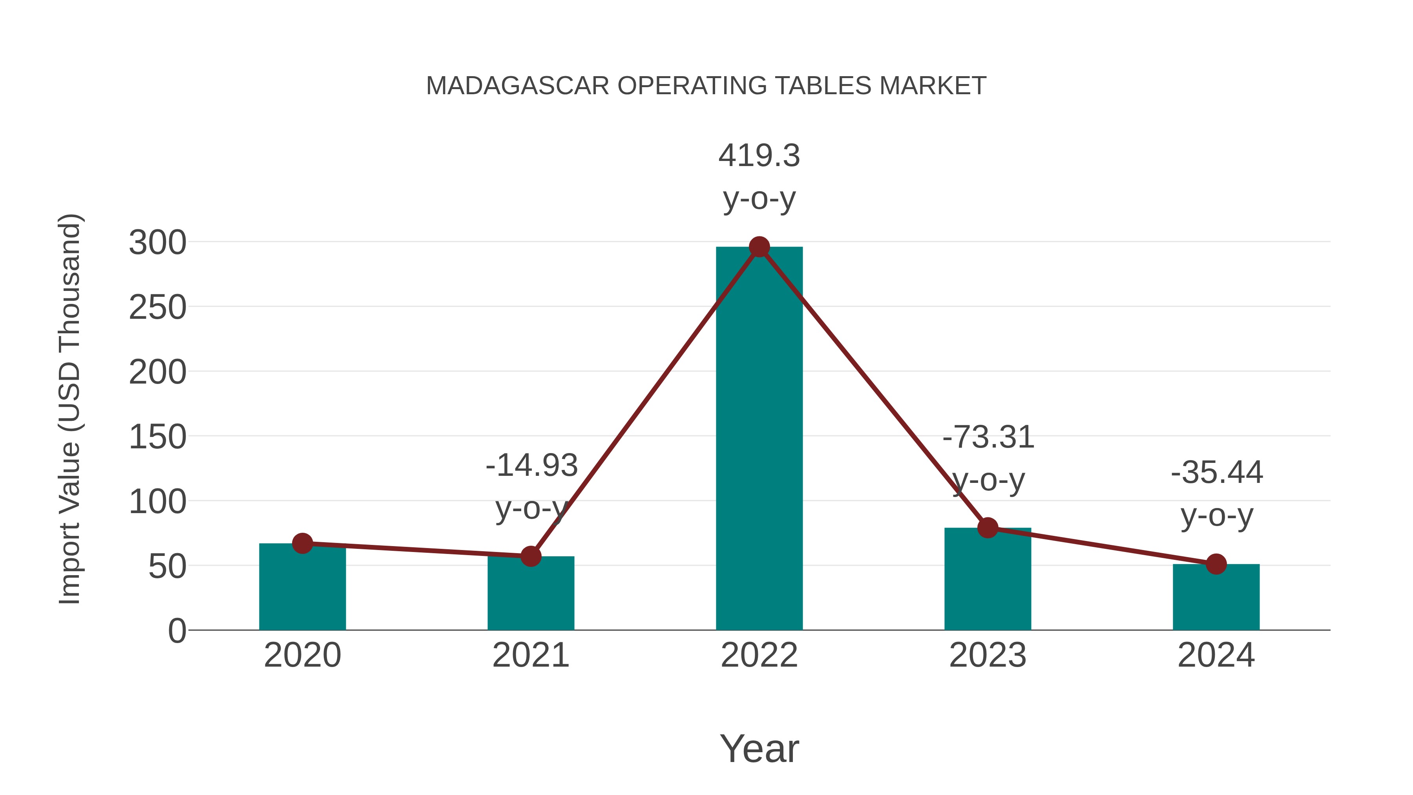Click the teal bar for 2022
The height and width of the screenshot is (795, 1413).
click(759, 439)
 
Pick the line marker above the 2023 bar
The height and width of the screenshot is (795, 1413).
click(988, 528)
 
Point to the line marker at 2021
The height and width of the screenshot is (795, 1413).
click(530, 556)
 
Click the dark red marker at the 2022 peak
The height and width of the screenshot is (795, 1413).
click(759, 247)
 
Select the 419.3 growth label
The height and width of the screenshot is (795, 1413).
click(759, 156)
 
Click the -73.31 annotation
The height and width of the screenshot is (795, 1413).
click(988, 437)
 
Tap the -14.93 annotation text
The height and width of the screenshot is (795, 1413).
click(531, 465)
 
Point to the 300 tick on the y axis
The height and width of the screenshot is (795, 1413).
click(157, 243)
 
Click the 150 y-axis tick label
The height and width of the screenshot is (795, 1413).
click(157, 437)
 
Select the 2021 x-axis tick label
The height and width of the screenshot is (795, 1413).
click(530, 655)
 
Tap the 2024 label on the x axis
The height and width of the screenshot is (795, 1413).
click(1216, 655)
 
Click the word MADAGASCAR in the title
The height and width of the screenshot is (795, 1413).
click(517, 86)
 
